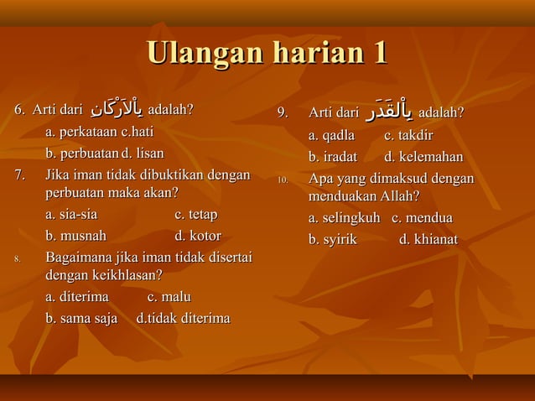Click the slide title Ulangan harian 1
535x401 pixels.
point(267,54)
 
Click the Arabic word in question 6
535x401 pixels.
point(115,111)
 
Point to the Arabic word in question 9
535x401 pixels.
point(387,111)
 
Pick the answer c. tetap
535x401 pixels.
point(195,214)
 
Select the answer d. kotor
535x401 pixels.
point(197,236)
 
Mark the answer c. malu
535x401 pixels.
point(169,296)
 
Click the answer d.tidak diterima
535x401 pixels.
point(183,318)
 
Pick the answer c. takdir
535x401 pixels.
point(408,135)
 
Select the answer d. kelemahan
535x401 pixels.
point(423,157)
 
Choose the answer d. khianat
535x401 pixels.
point(428,240)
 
